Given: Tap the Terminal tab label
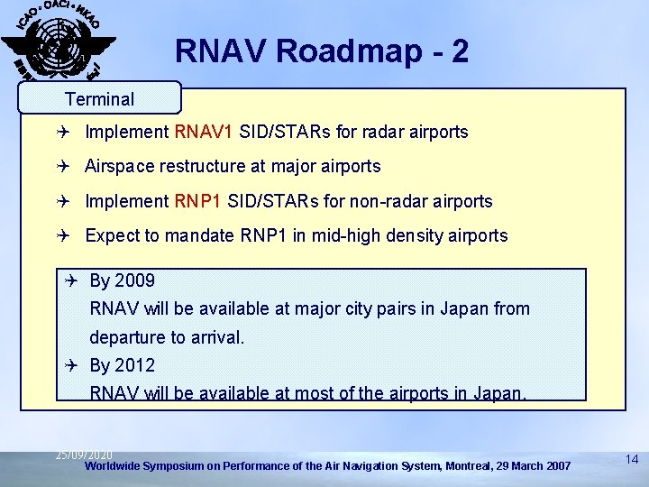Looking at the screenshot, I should click(99, 99).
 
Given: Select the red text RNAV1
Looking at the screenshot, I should click(204, 132).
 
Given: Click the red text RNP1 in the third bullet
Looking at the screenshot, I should click(199, 201).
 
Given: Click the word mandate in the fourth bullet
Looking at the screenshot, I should click(199, 236).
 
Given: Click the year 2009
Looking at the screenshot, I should click(134, 280).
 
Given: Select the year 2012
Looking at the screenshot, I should click(134, 365).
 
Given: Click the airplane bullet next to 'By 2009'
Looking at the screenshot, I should click(73, 280).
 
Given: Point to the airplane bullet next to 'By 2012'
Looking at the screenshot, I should click(73, 365).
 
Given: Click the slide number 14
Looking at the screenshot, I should click(631, 460).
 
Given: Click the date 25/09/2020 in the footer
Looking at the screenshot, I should click(84, 455).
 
